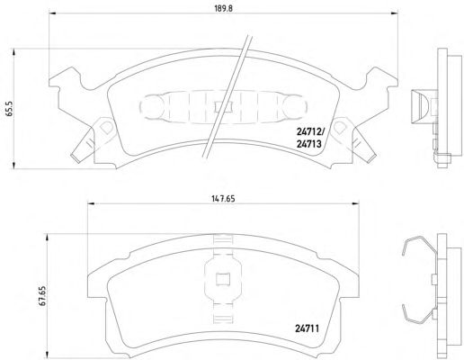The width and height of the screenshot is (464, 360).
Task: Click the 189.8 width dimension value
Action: tap(223, 8)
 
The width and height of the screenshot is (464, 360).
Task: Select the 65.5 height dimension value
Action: tap(10, 108)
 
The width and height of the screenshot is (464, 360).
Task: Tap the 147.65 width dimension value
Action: tap(223, 198)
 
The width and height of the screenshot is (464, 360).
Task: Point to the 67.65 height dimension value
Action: tap(42, 296)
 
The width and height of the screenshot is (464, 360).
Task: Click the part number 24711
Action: tap(308, 329)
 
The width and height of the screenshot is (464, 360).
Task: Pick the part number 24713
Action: tap(308, 144)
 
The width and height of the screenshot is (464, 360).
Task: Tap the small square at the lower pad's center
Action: tap(223, 280)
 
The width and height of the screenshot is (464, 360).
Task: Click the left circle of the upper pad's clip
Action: tap(150, 105)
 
